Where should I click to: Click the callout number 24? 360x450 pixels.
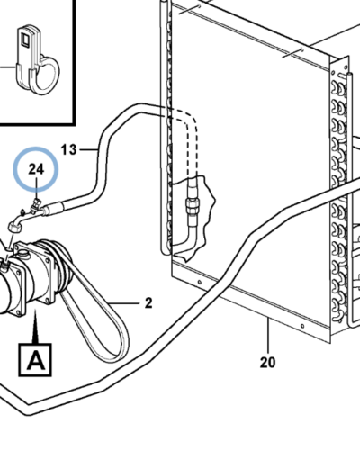(x=36, y=169)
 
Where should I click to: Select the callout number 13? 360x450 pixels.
(x=68, y=149)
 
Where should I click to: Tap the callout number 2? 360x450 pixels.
(x=148, y=303)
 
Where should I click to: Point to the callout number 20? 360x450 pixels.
(x=267, y=363)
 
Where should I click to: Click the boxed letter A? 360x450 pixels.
(x=35, y=360)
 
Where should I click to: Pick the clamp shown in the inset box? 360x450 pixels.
(x=38, y=60)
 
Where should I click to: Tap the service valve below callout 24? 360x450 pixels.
(x=36, y=205)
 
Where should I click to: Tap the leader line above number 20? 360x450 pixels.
(x=268, y=335)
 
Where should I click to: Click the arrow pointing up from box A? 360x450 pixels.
(x=36, y=327)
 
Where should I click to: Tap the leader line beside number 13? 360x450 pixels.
(x=88, y=149)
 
